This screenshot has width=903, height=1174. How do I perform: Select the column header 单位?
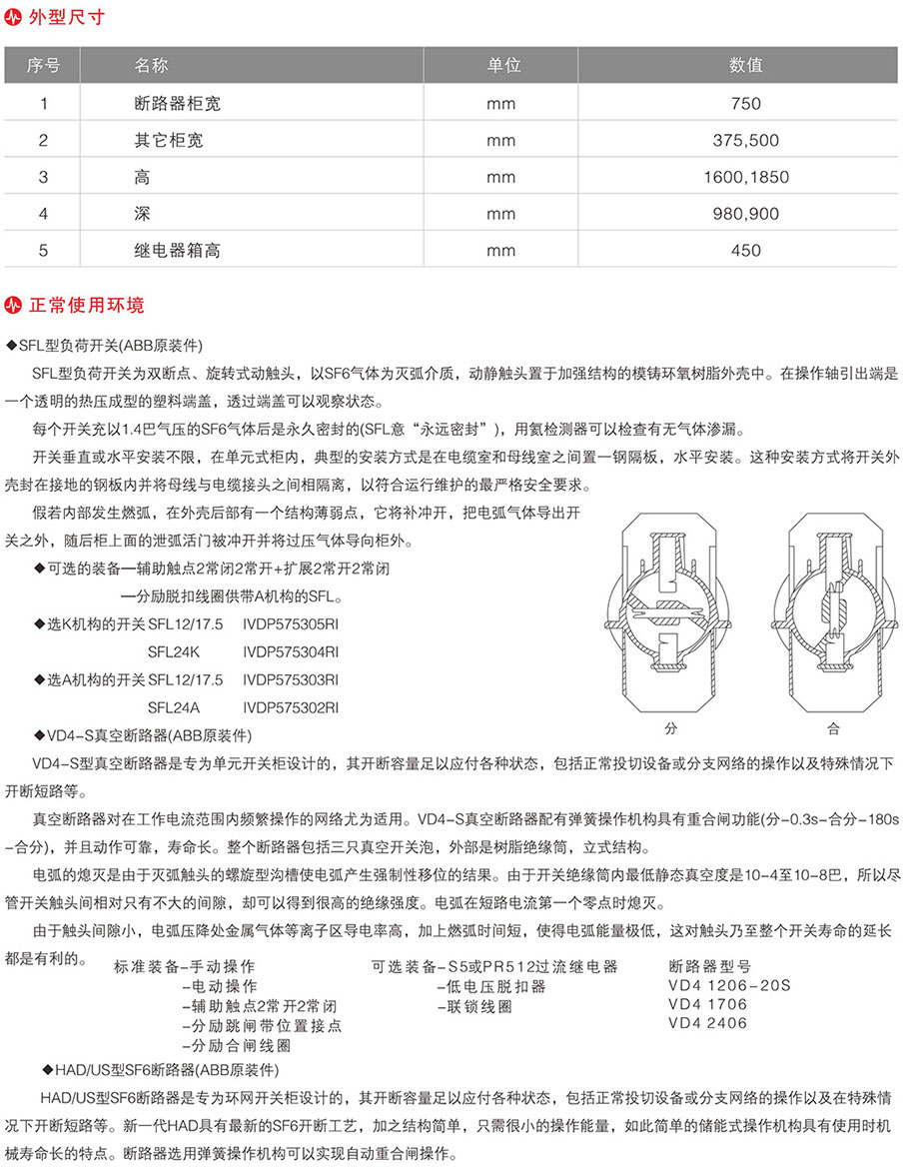pos(503,66)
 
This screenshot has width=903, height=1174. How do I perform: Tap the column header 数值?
pos(745,66)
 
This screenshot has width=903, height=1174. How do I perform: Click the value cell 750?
pos(745,103)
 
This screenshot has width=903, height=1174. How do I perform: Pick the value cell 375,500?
pos(745,140)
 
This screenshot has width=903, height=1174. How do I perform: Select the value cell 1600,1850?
pos(745,177)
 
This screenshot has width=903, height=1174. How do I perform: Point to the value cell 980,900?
pos(745,214)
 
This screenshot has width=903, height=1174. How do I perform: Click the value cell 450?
pos(745,251)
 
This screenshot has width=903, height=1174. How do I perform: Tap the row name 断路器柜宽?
pos(168,103)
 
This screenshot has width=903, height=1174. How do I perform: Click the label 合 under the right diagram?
pos(833,726)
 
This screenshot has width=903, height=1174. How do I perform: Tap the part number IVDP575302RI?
pos(291,707)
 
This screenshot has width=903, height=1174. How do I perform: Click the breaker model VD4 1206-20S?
pos(728,984)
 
